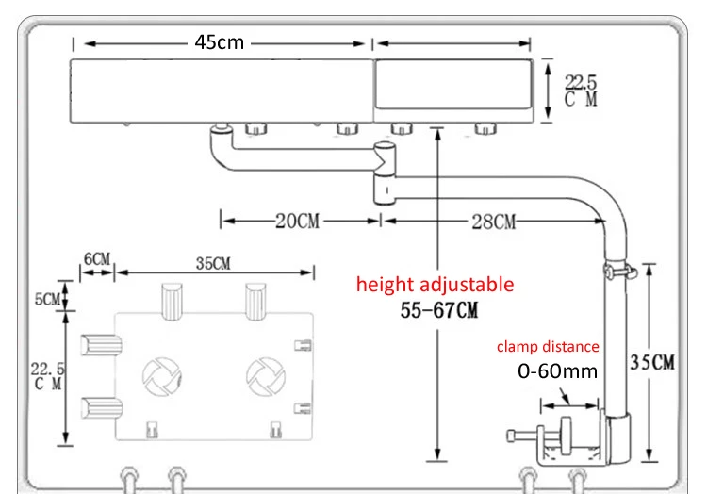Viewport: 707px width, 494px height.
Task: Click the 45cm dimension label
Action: click(219, 42)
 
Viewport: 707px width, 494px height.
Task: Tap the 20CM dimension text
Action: click(298, 221)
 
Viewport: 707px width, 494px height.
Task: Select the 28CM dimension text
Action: click(494, 222)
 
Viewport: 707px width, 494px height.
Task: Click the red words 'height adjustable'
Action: click(436, 285)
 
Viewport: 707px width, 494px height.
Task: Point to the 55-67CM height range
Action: click(439, 310)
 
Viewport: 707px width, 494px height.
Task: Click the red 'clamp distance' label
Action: click(548, 346)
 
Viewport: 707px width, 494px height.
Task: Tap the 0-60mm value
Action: click(558, 370)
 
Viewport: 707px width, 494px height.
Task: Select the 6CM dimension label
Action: click(97, 258)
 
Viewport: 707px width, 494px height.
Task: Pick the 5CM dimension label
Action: click(47, 299)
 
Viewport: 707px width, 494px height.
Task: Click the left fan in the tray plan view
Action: click(161, 376)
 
